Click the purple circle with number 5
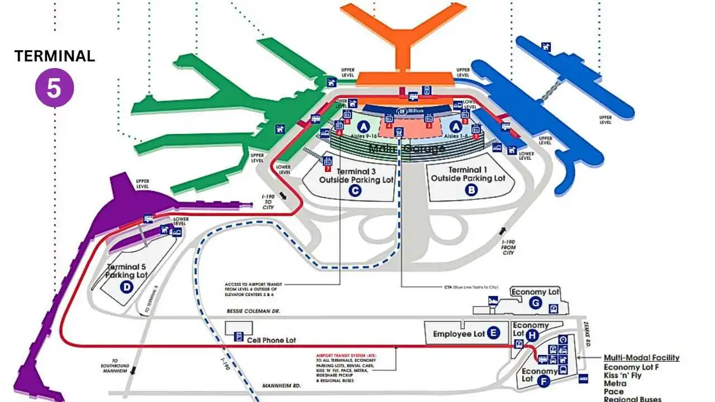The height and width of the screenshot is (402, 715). (x=54, y=88)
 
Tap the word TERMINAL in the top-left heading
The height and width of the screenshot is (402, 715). (x=54, y=56)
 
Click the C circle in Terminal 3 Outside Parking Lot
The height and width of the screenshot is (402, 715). (x=355, y=190)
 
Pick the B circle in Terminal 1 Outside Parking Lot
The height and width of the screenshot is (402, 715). (x=471, y=189)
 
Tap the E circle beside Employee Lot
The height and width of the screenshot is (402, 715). (x=493, y=333)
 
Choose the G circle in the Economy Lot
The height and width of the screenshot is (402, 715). (x=535, y=303)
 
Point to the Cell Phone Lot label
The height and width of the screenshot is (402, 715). (x=271, y=340)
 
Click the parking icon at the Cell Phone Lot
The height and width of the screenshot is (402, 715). (x=238, y=337)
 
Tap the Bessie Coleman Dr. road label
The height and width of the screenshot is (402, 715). (x=253, y=310)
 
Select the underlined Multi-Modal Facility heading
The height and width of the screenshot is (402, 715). (x=641, y=358)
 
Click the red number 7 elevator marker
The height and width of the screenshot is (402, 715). (x=328, y=168)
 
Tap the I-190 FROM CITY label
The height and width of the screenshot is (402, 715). (x=508, y=246)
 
